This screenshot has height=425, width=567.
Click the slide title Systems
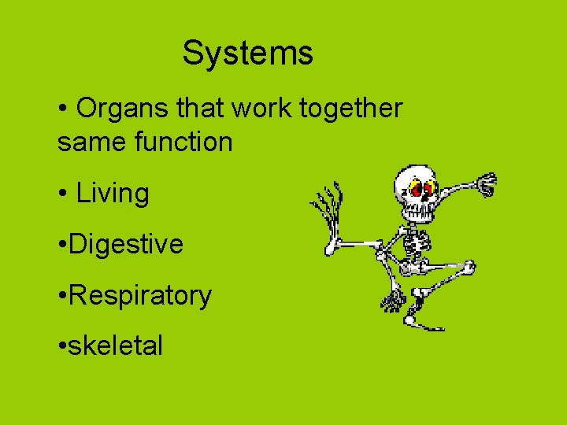coord(248,54)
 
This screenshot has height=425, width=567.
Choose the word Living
coord(113,193)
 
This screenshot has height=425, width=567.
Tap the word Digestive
coord(126,244)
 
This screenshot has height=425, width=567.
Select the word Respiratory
coord(140,296)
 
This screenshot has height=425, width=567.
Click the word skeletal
coord(116,345)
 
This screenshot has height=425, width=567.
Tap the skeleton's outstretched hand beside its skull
coord(487,184)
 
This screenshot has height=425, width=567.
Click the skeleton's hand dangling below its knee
coord(392,299)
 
